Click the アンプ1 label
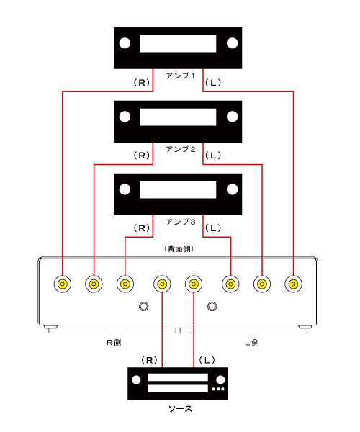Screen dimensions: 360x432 [181, 76]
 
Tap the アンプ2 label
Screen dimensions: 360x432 [181, 149]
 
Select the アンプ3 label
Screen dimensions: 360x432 [181, 222]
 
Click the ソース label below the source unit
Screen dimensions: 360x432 [180, 409]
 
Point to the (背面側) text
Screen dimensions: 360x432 [179, 249]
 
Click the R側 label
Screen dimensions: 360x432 [114, 343]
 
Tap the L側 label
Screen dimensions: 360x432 [252, 343]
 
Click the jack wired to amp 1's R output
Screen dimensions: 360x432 [63, 284]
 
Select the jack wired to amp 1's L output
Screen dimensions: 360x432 [293, 284]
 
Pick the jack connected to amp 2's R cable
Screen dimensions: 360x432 [94, 284]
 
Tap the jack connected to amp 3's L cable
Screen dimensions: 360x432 [230, 284]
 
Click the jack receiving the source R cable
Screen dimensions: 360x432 [162, 284]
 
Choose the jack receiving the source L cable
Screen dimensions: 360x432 [194, 284]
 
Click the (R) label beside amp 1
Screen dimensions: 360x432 [142, 82]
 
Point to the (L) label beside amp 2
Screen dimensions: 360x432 [213, 156]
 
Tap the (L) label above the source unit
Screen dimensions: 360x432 [207, 360]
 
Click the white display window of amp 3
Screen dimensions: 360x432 [178, 189]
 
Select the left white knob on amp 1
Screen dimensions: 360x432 [125, 43]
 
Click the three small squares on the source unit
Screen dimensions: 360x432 [218, 389]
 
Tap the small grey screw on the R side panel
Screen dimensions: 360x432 [144, 306]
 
